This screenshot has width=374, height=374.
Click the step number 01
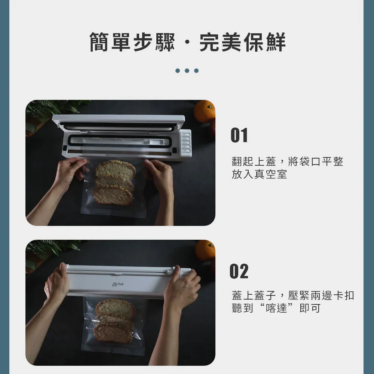tap(239, 135)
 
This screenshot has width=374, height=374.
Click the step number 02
tap(239, 271)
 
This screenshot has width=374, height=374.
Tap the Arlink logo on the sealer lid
tap(118, 284)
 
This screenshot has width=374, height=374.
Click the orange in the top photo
tap(205, 111)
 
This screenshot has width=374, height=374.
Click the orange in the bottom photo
tap(205, 250)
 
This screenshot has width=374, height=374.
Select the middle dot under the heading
tap(187, 71)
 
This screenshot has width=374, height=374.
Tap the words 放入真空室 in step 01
tap(259, 174)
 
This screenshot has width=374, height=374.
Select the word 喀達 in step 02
tap(276, 308)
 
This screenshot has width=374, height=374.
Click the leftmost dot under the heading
tap(178, 71)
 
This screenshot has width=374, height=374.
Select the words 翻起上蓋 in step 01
tap(254, 162)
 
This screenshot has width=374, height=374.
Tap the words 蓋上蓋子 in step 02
tap(254, 295)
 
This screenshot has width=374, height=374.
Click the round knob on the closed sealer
tap(169, 272)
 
